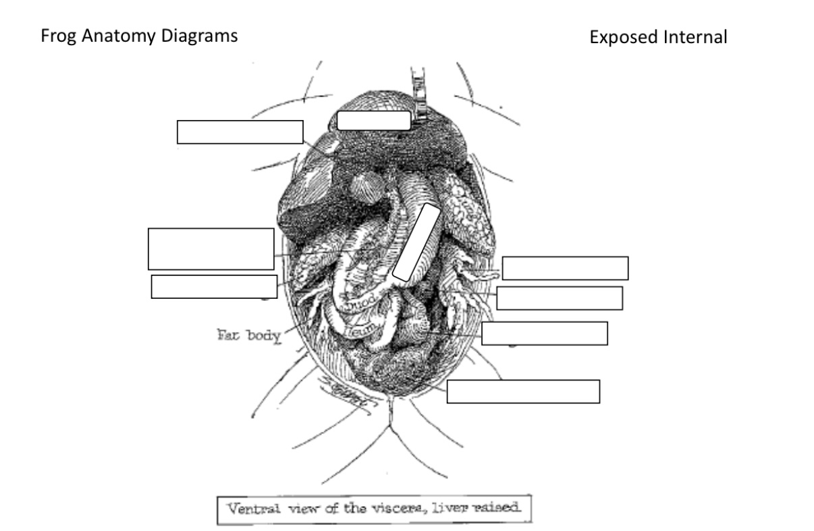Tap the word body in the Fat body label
(x=263, y=335)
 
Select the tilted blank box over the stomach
(x=416, y=242)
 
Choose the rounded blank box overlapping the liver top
(x=373, y=120)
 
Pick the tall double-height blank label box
(x=211, y=249)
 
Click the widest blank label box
(x=523, y=391)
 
